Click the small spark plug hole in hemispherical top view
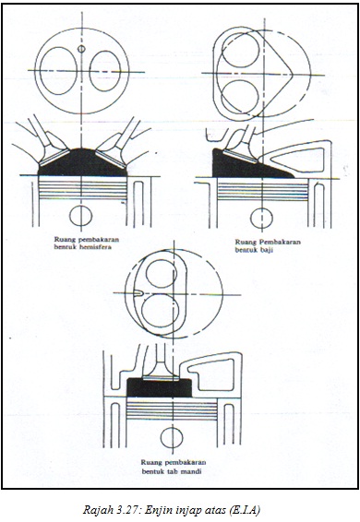coord(81,49)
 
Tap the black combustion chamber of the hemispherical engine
coord(82,164)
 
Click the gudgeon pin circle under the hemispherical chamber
coord(80,216)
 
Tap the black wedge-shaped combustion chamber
coord(246,166)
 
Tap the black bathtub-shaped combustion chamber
coord(160,388)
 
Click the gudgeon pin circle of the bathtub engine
coord(172,437)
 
